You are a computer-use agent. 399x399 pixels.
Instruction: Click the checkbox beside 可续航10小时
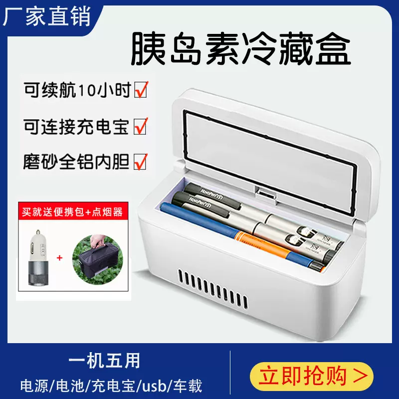click(141, 90)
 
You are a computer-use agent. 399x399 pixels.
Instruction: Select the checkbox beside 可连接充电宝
click(141, 126)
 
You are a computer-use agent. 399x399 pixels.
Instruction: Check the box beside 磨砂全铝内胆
click(141, 162)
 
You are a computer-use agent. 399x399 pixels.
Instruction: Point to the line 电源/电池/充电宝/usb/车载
click(111, 386)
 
